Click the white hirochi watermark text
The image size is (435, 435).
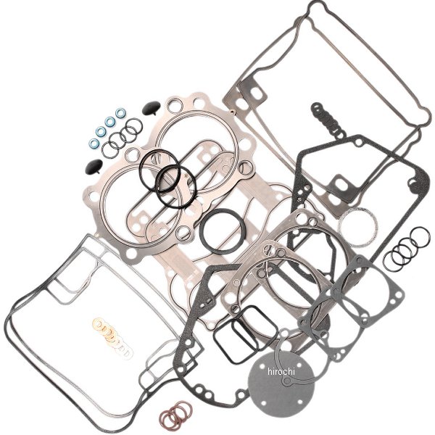(x=281, y=371)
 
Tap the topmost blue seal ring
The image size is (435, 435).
(x=120, y=113)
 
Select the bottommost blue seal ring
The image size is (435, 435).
(x=94, y=143)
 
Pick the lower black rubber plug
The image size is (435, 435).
(x=93, y=166)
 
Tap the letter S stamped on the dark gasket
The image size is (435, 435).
(x=299, y=199)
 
